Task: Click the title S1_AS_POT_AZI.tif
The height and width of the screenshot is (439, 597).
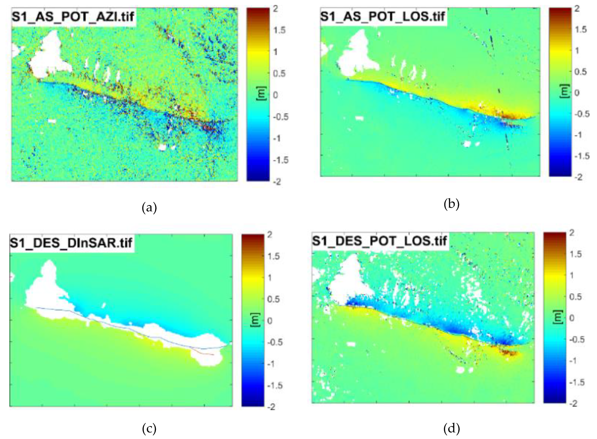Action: [73, 17]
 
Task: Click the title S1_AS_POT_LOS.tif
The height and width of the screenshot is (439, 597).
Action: [382, 17]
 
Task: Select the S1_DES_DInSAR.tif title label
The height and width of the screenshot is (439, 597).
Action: [71, 243]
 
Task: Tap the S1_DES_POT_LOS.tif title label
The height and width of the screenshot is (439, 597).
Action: [379, 241]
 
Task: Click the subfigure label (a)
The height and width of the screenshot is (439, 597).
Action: [149, 208]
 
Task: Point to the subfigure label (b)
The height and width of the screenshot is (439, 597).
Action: [452, 205]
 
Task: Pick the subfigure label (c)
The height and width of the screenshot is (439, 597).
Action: [149, 429]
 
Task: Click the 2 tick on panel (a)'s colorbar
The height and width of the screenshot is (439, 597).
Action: [276, 9]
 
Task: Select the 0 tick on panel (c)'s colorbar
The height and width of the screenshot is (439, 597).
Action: [270, 321]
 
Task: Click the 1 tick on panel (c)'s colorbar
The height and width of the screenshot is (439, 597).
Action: [270, 278]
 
